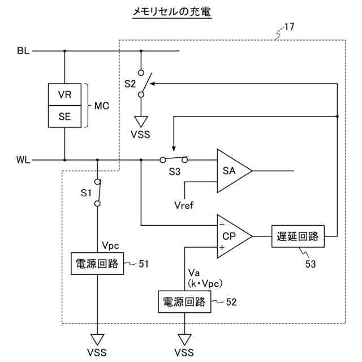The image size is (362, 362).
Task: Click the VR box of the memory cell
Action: pos(64,94)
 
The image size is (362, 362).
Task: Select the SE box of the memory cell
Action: pos(64,117)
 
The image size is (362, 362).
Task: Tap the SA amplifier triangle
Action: pos(234,171)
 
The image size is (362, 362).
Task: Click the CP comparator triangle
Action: pos(234,236)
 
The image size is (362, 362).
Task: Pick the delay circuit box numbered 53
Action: pos(298,236)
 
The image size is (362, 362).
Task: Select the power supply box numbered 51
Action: pos(97,264)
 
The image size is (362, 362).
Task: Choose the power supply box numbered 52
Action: pos(184,301)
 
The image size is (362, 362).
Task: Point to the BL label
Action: pos(23,51)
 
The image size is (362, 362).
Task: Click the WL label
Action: pos(23,160)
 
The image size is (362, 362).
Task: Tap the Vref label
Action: pos(184,205)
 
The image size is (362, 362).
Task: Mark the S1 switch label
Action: pos(86,193)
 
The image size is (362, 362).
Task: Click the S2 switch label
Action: pos(130,84)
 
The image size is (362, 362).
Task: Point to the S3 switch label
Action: pos(175,171)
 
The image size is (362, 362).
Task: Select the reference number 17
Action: pos(289,27)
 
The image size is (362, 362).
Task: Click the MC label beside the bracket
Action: pos(102,106)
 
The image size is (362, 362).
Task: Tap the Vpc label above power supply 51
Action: pos(111,245)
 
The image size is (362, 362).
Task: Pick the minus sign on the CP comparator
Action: pos(222,225)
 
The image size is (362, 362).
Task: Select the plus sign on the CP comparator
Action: pos(222,247)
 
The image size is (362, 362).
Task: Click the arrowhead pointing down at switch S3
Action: pos(174,148)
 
